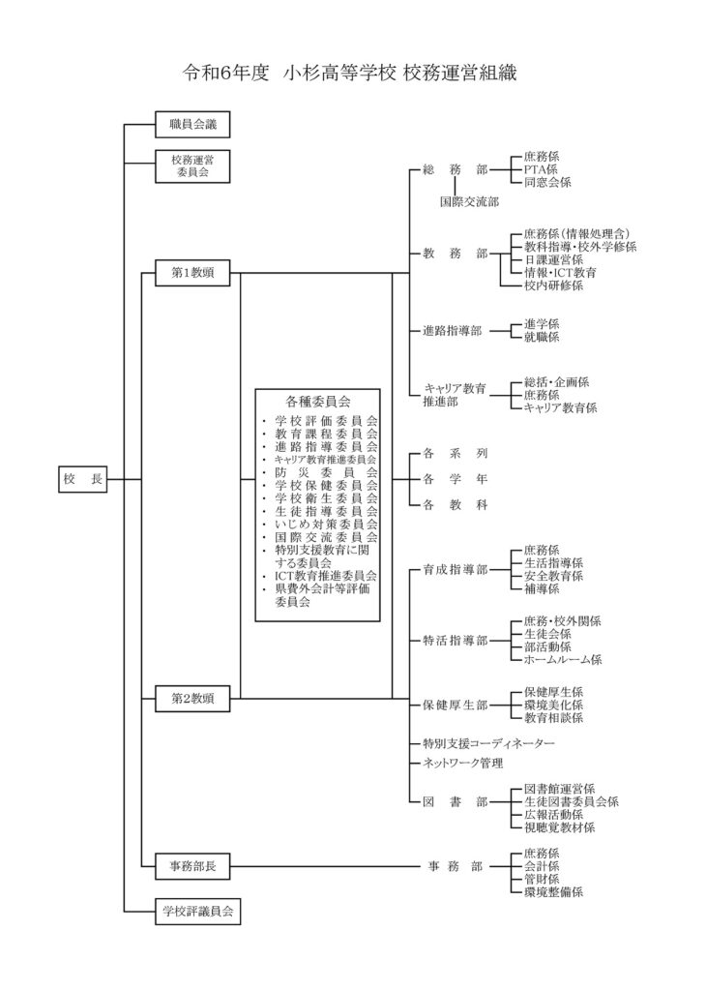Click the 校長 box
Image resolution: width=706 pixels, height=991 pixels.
pos(83,479)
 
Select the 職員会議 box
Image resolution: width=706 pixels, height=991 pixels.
pos(192,125)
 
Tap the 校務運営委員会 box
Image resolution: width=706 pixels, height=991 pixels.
pos(192,166)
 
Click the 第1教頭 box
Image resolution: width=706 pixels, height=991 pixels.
pos(192,273)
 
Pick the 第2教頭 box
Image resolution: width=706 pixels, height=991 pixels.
pos(192,699)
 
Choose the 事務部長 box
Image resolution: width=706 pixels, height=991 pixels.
pos(192,866)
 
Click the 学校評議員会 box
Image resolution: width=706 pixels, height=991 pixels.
pos(197,912)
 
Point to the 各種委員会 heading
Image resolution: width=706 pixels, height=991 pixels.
pos(317,401)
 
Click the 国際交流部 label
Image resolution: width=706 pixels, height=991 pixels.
pos(469,201)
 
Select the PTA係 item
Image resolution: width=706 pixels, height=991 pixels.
pos(541,169)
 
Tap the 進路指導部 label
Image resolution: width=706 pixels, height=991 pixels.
pos(453,331)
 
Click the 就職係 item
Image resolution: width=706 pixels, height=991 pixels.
pos(542,337)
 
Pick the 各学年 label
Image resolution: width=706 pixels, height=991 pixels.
pos(456,479)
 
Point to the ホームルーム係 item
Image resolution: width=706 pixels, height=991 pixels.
pos(563,659)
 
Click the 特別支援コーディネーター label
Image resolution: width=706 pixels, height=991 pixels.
pos(488,743)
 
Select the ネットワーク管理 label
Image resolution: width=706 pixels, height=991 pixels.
pos(463,763)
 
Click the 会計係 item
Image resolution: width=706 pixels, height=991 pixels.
pos(542,866)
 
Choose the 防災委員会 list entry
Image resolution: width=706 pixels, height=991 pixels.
pos(326,472)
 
